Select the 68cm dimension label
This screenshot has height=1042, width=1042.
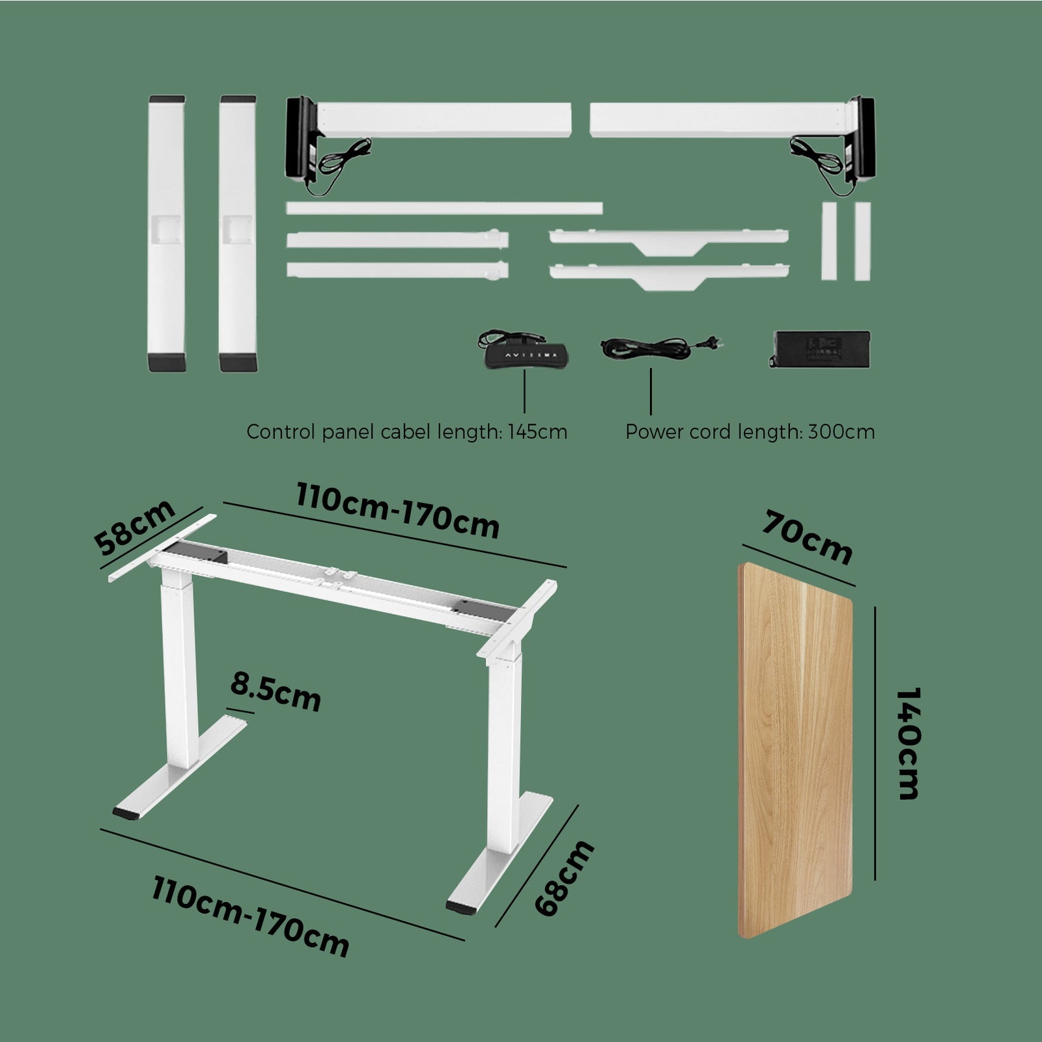[565, 879]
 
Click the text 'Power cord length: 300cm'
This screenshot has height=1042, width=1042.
[750, 432]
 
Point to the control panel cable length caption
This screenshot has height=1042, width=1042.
[406, 432]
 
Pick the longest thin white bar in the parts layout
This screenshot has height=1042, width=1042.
[444, 208]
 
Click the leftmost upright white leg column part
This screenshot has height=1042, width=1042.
[167, 234]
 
